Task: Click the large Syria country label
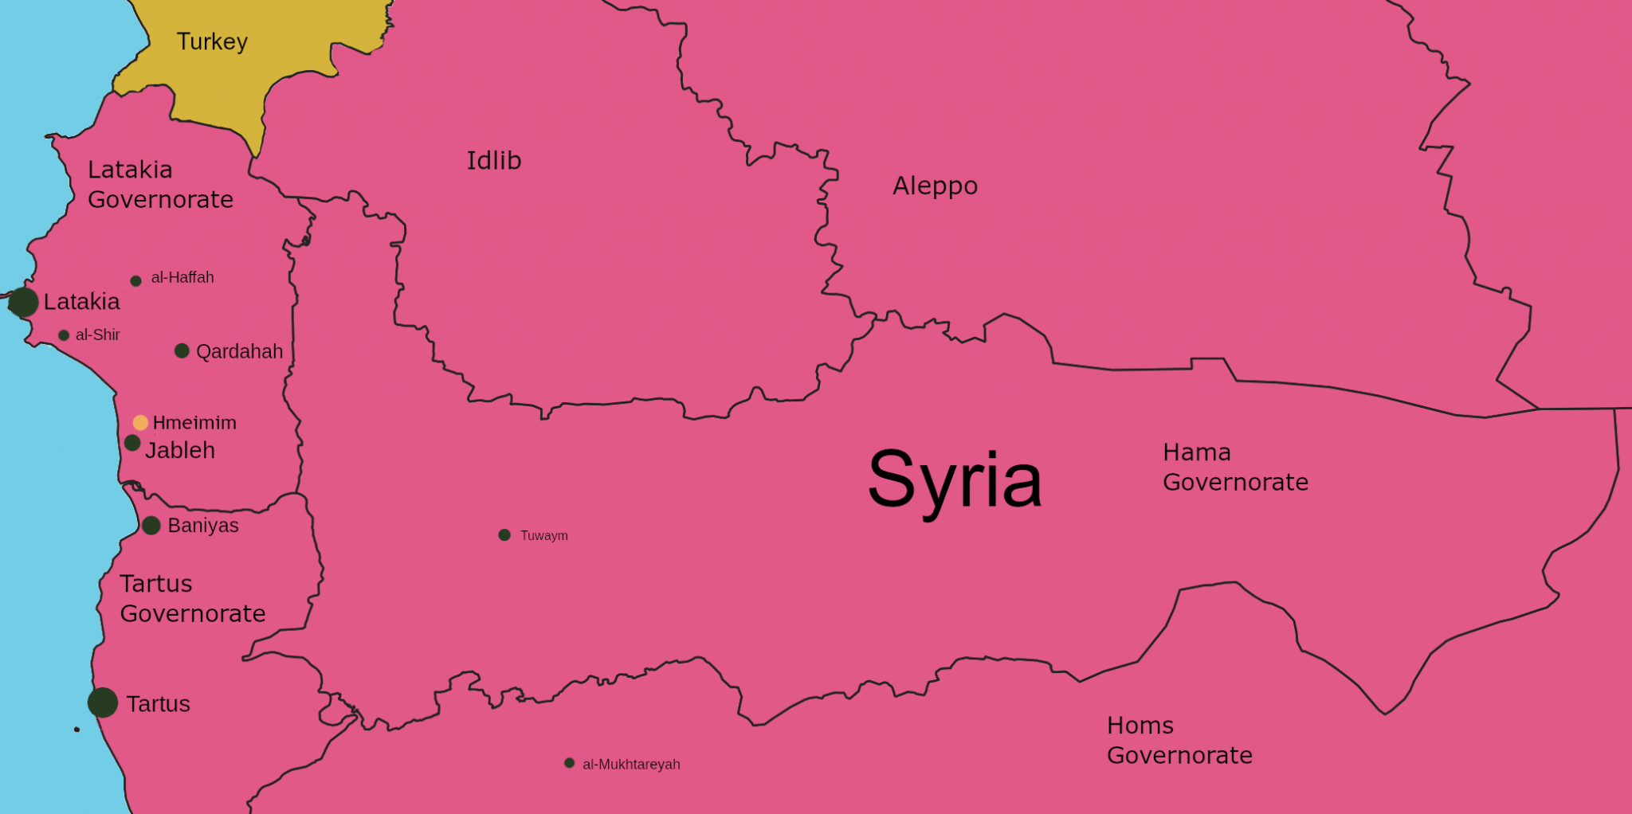click(954, 479)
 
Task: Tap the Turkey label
click(212, 41)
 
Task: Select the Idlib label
click(493, 161)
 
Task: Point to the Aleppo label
click(935, 186)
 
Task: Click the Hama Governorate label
click(1234, 468)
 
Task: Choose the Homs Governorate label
click(1179, 741)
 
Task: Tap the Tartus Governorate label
click(192, 599)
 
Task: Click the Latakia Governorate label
click(160, 185)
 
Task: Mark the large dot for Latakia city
click(23, 303)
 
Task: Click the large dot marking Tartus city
click(103, 702)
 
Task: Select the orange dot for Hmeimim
click(140, 423)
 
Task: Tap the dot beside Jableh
click(132, 443)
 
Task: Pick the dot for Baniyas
click(151, 526)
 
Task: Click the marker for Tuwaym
click(504, 535)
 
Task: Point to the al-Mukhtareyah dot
click(569, 763)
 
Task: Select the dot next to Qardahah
click(182, 351)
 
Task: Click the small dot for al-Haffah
click(135, 281)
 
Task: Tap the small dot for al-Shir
click(64, 335)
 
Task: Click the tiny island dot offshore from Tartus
click(76, 730)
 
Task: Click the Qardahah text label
click(239, 352)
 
